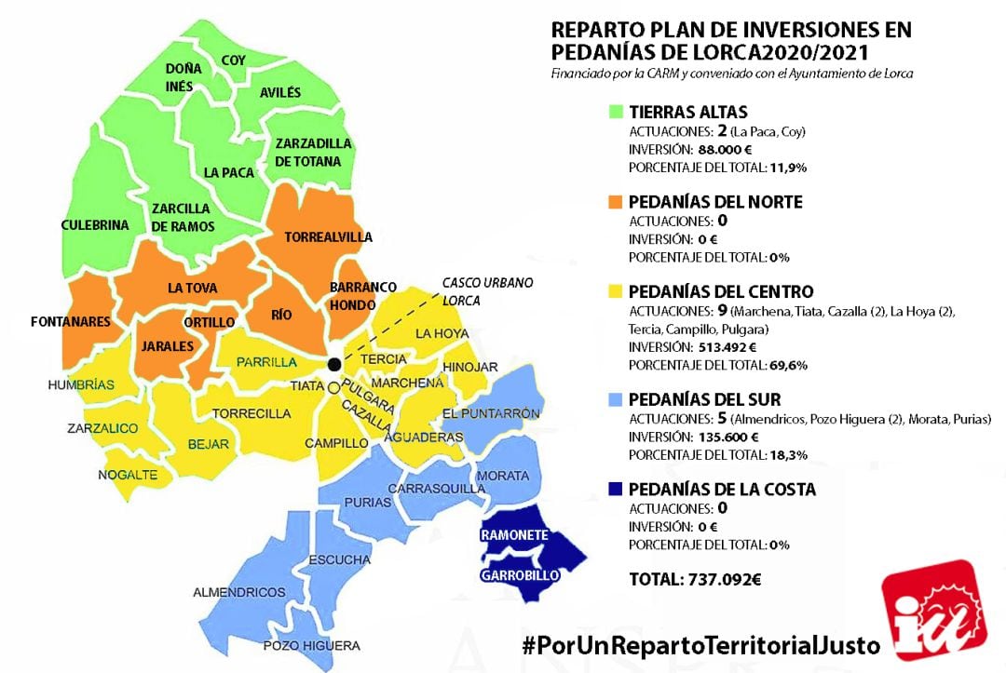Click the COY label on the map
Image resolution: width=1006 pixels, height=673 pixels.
(233, 61)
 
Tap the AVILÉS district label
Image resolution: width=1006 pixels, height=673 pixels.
(280, 92)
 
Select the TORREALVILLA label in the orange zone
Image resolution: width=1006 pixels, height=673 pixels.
(327, 236)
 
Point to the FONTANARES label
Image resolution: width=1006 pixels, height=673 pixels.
(70, 322)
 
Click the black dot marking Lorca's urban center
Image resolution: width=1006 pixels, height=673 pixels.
(334, 364)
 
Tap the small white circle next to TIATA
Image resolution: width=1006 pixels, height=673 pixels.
(333, 387)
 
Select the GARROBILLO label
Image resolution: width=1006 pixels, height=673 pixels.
(520, 576)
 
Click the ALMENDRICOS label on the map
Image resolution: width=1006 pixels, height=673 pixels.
(238, 592)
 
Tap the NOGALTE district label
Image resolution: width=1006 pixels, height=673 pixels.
(128, 476)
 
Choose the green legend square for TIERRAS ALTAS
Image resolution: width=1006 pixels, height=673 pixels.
(616, 112)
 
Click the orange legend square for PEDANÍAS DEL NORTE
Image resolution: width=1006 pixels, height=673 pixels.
(616, 201)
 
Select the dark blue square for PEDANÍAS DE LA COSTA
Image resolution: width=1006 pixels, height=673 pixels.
(616, 489)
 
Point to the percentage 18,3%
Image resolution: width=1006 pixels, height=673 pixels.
(789, 454)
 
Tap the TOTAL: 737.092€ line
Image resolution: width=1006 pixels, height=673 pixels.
(695, 579)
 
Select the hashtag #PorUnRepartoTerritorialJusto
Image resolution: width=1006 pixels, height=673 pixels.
(700, 644)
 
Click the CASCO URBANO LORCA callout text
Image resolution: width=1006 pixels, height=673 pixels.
(474, 290)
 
